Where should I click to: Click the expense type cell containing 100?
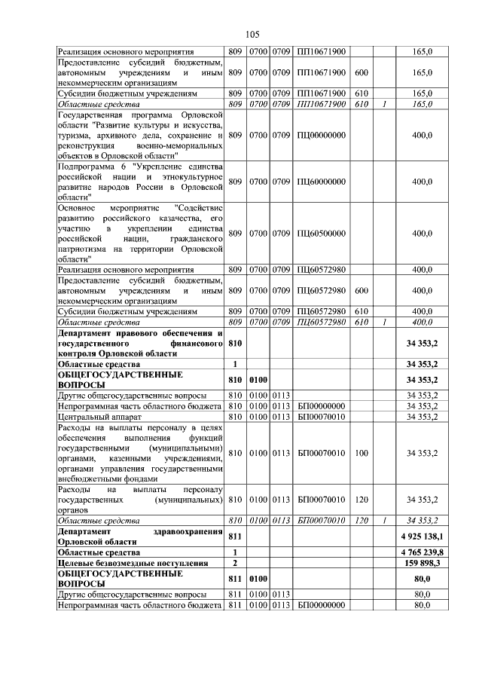click(x=361, y=452)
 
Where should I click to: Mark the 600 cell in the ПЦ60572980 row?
click(x=361, y=290)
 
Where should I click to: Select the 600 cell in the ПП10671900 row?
click(x=361, y=72)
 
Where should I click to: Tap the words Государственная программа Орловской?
click(x=140, y=114)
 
